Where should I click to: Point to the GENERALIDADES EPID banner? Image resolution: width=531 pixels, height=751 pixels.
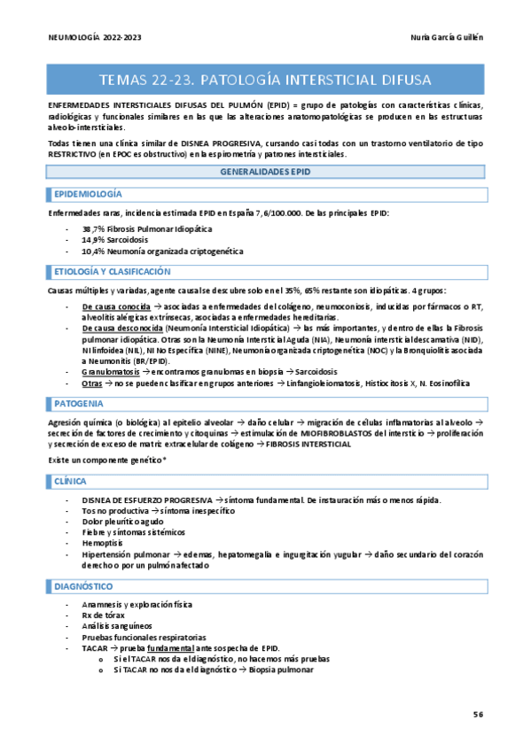coord(266,173)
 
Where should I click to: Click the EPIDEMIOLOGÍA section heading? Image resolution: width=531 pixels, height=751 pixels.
coord(89,194)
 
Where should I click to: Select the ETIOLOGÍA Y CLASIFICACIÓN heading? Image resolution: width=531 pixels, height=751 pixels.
coord(112,272)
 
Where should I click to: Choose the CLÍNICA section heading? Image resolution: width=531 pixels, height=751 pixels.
coord(70,481)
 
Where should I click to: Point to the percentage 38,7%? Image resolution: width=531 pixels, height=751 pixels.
coord(92,228)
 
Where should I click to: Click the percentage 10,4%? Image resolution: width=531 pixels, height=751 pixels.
coord(92,252)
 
